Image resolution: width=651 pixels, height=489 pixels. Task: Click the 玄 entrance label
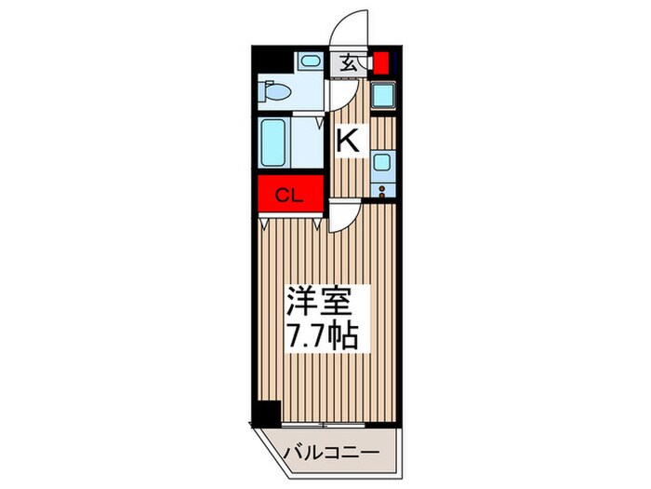click(x=348, y=63)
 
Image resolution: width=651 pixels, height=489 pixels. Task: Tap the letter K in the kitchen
click(x=347, y=142)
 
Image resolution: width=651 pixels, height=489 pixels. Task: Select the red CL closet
click(x=289, y=195)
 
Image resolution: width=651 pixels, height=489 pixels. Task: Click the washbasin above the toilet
click(x=308, y=62)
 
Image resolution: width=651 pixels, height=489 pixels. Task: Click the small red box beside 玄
click(x=381, y=64)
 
